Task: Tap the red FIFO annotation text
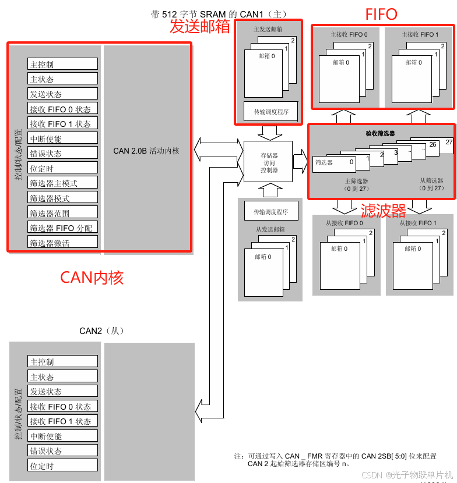(381, 14)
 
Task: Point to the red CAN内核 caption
(92, 278)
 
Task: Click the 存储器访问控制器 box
(269, 162)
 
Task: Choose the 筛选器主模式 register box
(62, 183)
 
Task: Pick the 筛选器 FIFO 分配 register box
(62, 228)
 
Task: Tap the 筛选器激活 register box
(62, 243)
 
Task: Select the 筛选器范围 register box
(62, 213)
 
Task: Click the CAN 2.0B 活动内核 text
(146, 151)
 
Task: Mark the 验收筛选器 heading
(380, 133)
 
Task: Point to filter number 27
(449, 142)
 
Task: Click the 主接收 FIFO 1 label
(420, 35)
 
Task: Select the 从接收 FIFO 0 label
(344, 223)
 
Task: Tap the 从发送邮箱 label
(270, 229)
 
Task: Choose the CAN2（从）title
(101, 331)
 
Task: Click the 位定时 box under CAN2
(62, 466)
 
